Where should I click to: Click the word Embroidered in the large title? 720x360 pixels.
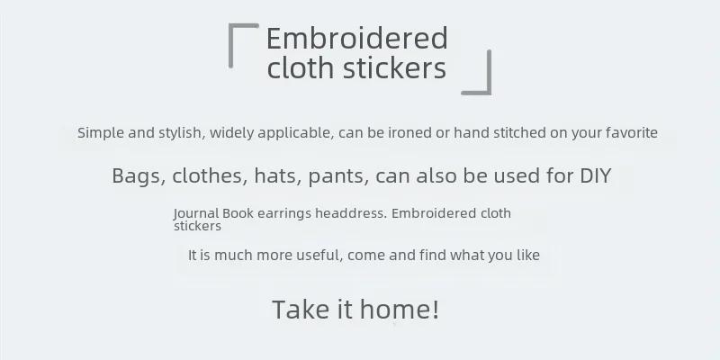coord(356,38)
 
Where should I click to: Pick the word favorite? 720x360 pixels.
coord(632,132)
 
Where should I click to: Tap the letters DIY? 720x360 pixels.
coord(596,175)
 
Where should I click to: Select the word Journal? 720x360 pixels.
coord(196,213)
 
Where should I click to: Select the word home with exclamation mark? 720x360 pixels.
coord(400,309)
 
